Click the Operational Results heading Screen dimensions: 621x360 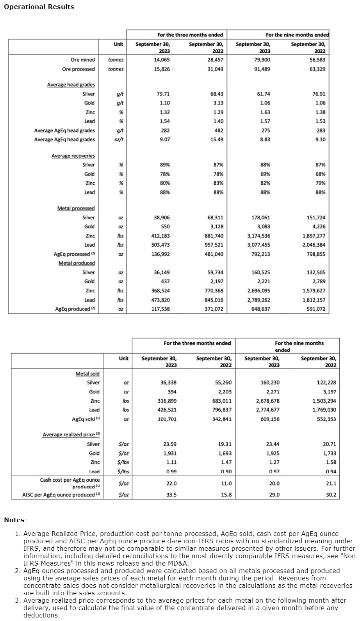39,7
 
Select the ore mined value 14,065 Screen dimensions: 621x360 162,60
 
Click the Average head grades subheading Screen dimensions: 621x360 71,85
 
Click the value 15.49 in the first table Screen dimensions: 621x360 217,140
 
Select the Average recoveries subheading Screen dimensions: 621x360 73,156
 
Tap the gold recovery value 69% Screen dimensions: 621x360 265,174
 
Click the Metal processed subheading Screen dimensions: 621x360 76,208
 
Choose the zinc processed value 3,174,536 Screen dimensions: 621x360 258,236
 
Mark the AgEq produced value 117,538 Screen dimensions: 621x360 160,309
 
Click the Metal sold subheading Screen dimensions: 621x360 87,374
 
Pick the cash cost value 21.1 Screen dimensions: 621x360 331,483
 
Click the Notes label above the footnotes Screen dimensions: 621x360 15,520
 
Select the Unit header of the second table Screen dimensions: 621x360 123,358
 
